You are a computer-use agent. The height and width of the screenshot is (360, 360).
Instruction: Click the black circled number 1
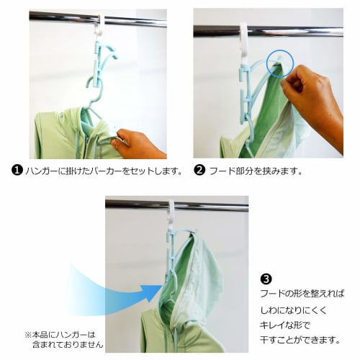15,171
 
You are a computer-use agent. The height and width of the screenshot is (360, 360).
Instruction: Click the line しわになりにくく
295,309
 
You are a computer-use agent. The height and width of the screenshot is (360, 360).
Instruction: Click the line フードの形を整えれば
302,294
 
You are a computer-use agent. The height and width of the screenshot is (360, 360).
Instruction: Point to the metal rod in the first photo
58,16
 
